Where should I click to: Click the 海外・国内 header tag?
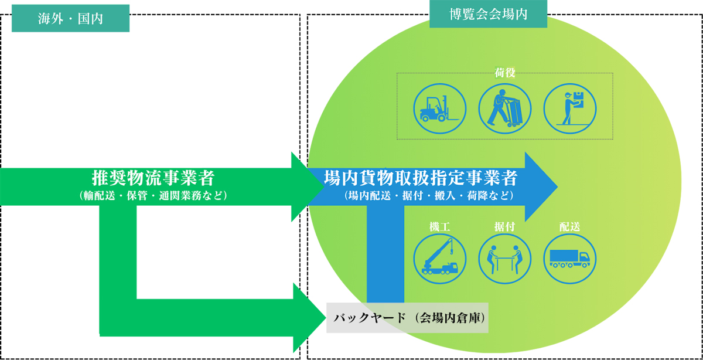pos(70,19)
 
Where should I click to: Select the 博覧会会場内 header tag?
pos(488,15)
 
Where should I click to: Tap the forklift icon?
pos(440,107)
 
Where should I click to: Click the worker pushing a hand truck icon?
pos(505,107)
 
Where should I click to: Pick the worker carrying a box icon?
pos(570,107)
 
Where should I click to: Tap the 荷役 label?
pos(505,74)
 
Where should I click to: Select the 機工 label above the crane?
pos(440,226)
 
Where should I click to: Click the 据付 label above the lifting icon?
pos(505,226)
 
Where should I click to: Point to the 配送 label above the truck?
pos(570,226)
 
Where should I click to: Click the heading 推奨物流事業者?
pos(153,177)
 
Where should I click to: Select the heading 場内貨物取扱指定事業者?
pos(421,177)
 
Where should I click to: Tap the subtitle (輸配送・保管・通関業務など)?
pos(153,195)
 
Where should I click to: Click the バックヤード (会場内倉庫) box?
pos(407,318)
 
